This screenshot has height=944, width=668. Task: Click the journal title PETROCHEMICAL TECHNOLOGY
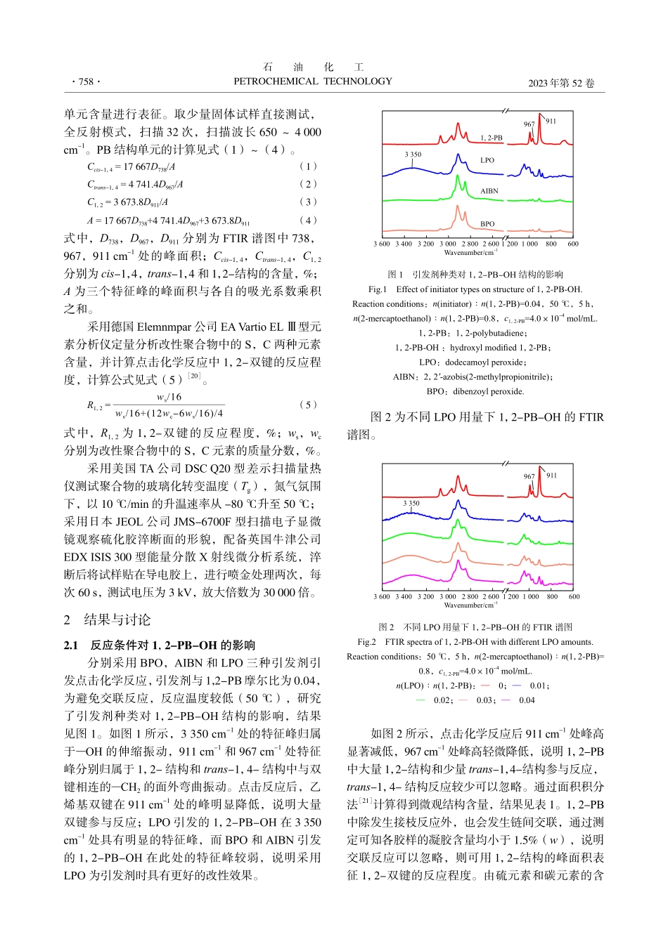click(313, 81)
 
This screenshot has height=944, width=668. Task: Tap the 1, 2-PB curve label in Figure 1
click(492, 138)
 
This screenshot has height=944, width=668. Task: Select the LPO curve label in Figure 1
click(487, 160)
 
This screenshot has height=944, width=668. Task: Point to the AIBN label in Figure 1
click(489, 191)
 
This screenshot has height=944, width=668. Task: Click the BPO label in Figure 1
click(487, 224)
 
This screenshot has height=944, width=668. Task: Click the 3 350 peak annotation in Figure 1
click(413, 155)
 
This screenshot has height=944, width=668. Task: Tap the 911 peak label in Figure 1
click(551, 121)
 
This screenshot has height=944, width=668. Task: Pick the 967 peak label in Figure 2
click(529, 476)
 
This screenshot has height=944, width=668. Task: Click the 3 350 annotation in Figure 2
click(411, 503)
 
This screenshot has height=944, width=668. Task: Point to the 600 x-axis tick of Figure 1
click(573, 244)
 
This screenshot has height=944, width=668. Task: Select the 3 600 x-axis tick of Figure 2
click(382, 597)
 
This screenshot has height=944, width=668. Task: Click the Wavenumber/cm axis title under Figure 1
click(470, 253)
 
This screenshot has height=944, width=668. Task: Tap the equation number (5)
click(308, 405)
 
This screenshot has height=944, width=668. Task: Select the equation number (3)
click(308, 202)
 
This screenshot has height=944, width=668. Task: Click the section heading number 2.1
click(71, 645)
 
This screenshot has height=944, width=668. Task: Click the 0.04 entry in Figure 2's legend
click(527, 700)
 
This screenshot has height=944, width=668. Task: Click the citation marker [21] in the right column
click(365, 801)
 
